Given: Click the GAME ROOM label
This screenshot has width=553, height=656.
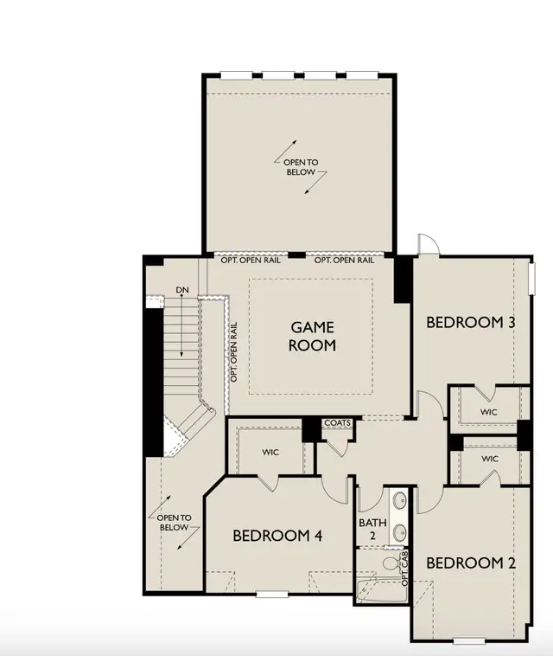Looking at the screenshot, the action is [313, 337].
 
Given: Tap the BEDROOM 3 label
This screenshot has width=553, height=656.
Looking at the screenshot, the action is [471, 323].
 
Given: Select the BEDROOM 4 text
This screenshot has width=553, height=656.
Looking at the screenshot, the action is [277, 536].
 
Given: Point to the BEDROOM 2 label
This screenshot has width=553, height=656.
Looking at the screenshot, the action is [471, 563].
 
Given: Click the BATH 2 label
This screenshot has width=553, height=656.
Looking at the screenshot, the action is [372, 529].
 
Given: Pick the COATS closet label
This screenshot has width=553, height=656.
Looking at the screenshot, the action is [338, 423].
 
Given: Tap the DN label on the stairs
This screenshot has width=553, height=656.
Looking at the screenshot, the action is [182, 290].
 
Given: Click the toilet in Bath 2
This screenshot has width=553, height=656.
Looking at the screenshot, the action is [391, 563].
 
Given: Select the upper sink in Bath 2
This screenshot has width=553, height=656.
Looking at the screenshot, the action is [400, 499].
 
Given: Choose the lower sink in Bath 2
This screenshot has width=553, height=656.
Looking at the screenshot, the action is [400, 531].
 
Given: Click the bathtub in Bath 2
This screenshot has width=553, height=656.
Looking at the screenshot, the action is [381, 590].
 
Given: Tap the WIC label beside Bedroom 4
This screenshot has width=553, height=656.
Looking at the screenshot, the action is [270, 453].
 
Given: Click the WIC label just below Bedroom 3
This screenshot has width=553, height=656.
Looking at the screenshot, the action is [489, 412].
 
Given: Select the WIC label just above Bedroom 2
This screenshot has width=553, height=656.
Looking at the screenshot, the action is [490, 459].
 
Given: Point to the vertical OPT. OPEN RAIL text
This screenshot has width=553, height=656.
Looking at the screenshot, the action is [234, 351].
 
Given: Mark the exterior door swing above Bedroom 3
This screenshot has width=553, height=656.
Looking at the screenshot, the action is [429, 244].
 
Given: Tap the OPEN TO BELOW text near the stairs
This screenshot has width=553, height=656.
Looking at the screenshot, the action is [175, 523].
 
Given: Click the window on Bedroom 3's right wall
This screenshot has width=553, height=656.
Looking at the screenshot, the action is [531, 278].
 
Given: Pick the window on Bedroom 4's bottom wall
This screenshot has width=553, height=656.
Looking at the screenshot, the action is [272, 594].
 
